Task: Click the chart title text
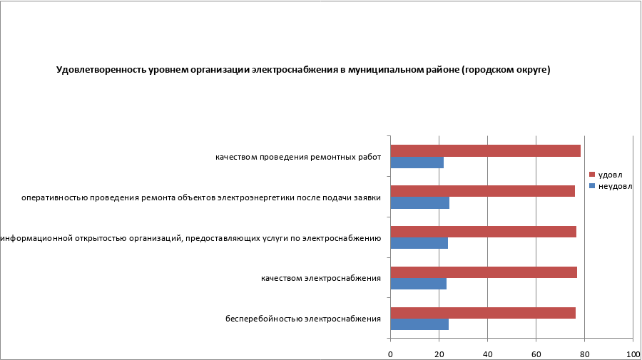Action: (x=303, y=70)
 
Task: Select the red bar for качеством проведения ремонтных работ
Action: (x=485, y=150)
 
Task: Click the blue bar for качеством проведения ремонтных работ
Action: (x=417, y=163)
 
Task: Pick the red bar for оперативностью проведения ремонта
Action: (x=482, y=191)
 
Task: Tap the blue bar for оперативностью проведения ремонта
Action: (x=420, y=203)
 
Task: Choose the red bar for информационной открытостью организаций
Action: (x=483, y=232)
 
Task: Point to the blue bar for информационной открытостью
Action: (x=419, y=243)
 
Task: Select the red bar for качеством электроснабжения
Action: (x=484, y=272)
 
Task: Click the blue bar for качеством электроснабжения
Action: (x=419, y=284)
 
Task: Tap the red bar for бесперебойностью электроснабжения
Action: (x=483, y=312)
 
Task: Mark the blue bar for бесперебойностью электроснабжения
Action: (x=419, y=324)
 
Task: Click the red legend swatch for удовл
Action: (x=591, y=174)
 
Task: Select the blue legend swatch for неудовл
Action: (x=591, y=186)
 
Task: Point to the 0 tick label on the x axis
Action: (x=391, y=354)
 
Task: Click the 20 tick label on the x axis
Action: (x=439, y=354)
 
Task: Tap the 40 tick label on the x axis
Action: (x=487, y=354)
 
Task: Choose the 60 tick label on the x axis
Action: (x=536, y=354)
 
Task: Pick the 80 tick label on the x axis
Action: (x=584, y=354)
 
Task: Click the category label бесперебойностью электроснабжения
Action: (x=303, y=319)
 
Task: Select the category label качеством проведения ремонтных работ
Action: (x=298, y=157)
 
